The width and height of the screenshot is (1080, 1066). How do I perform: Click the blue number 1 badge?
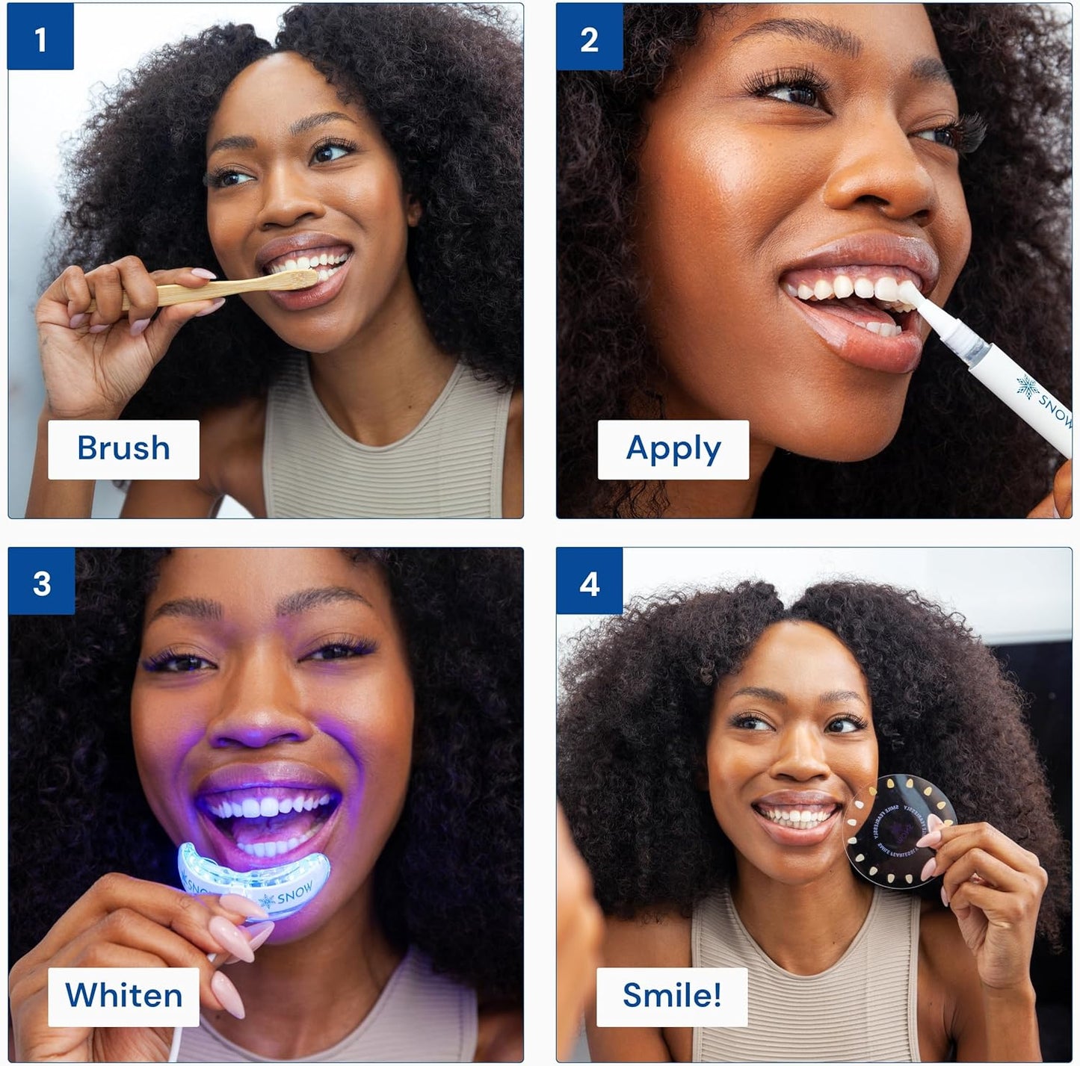point(40,37)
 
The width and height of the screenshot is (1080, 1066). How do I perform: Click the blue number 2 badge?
point(589,37)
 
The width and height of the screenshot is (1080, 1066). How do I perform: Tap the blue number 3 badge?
point(42,581)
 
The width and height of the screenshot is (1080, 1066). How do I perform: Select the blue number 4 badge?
point(589,581)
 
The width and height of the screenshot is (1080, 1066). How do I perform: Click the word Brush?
point(123,449)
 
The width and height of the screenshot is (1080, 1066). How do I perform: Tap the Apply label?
point(673,449)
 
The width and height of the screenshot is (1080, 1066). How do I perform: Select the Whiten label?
point(123,996)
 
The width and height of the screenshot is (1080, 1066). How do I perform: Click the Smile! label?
point(671,996)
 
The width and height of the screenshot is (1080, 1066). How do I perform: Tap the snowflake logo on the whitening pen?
point(1026,386)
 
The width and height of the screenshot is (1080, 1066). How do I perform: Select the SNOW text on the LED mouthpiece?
point(294,893)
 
